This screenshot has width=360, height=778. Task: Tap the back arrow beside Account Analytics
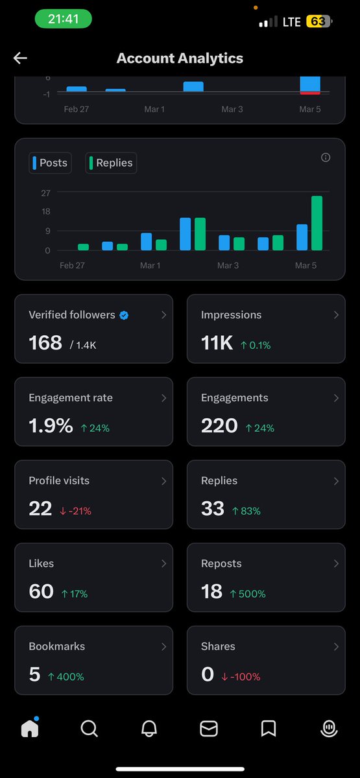[x=20, y=58]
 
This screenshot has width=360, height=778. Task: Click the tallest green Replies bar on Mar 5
[x=317, y=223]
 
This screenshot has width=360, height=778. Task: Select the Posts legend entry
[x=50, y=163]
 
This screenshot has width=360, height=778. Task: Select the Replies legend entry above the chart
[x=111, y=163]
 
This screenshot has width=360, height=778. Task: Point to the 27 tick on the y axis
[x=45, y=193]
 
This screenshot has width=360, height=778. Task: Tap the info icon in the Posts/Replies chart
[x=326, y=158]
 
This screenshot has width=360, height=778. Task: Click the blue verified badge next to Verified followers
[x=124, y=315]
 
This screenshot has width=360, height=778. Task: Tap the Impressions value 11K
[x=217, y=343]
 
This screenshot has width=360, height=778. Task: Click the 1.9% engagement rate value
[x=51, y=425]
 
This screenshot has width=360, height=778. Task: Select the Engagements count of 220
[x=219, y=425]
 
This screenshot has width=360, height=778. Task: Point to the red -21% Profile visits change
[x=75, y=511]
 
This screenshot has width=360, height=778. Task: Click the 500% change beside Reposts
[x=248, y=594]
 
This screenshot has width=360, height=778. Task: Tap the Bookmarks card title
[x=57, y=646]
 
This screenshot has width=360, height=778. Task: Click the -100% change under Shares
[x=241, y=677]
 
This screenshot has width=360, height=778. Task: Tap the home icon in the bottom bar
[x=30, y=728]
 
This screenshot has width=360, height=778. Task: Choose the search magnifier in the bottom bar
[x=90, y=728]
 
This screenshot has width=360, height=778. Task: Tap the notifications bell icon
[x=149, y=728]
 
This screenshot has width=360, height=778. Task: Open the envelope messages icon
[x=209, y=728]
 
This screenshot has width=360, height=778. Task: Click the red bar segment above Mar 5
[x=310, y=93]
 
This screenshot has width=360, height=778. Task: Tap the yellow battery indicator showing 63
[x=318, y=21]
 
